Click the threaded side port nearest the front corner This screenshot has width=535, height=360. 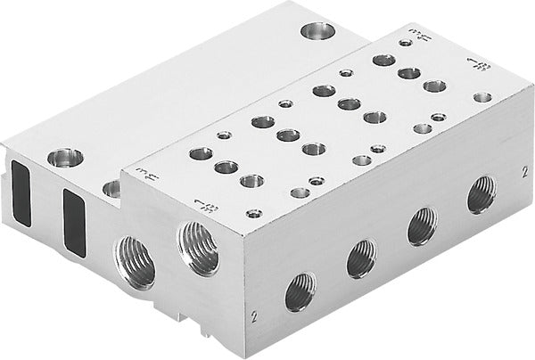coord(300,291)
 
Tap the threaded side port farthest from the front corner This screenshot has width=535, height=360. coord(481,193)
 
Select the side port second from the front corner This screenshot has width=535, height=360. coord(361,258)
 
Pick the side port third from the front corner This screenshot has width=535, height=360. coord(422,225)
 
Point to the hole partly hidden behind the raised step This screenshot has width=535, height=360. coord(111,188)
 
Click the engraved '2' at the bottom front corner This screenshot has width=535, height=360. coord(255,315)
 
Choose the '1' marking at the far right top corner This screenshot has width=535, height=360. coord(480,64)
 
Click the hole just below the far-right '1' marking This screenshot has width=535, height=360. coord(482,96)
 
